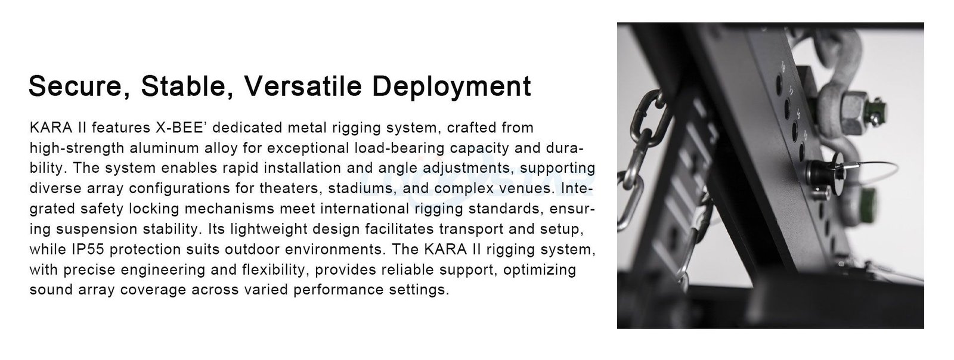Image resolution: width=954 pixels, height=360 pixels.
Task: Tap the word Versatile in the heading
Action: pos(303,86)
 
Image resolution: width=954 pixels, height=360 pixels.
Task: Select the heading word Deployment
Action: pos(451,87)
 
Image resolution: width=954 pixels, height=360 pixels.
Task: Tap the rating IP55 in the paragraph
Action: pos(88,249)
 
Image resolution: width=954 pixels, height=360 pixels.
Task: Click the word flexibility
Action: pos(274,270)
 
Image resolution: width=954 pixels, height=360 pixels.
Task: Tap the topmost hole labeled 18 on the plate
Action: pos(779,84)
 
